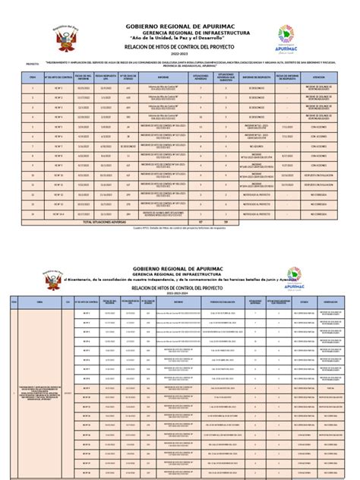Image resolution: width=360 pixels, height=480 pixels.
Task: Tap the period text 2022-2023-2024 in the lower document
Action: tap(181, 294)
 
